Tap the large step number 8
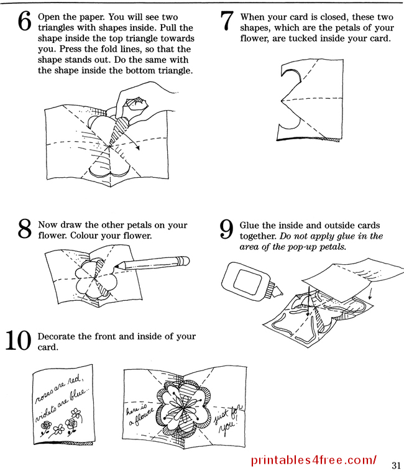tap(25, 229)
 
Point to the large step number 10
tap(19, 341)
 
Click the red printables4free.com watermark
tap(314, 461)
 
